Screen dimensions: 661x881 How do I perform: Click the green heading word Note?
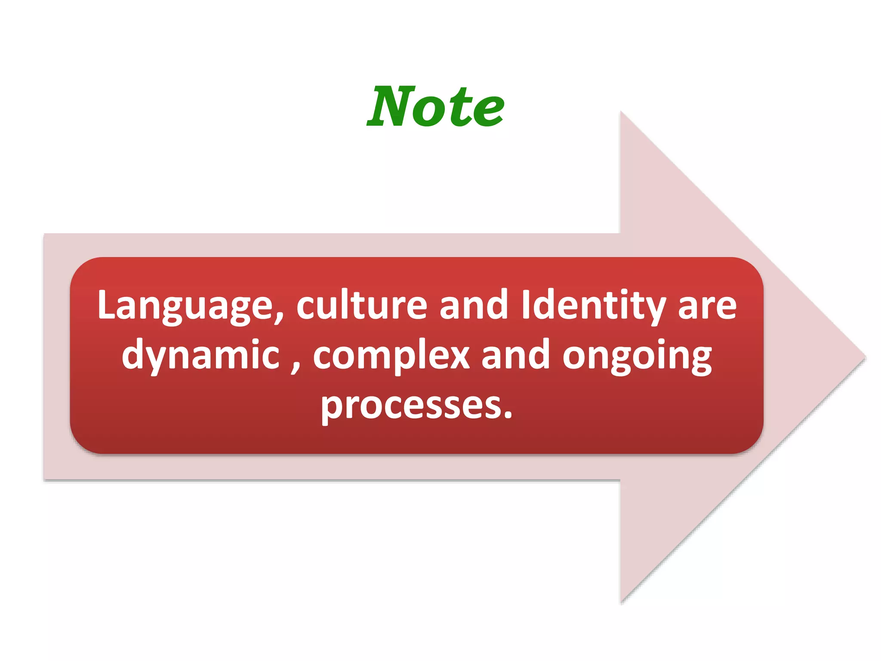pyautogui.click(x=435, y=106)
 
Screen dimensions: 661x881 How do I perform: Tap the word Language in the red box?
pyautogui.click(x=185, y=306)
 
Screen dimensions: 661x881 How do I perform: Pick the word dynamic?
pyautogui.click(x=200, y=355)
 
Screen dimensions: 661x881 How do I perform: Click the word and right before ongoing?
pyautogui.click(x=515, y=355)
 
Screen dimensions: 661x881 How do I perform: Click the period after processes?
pyautogui.click(x=508, y=415)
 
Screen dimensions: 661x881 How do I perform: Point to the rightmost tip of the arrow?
pyautogui.click(x=865, y=357)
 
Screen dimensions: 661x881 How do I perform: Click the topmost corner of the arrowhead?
pyautogui.click(x=621, y=112)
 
